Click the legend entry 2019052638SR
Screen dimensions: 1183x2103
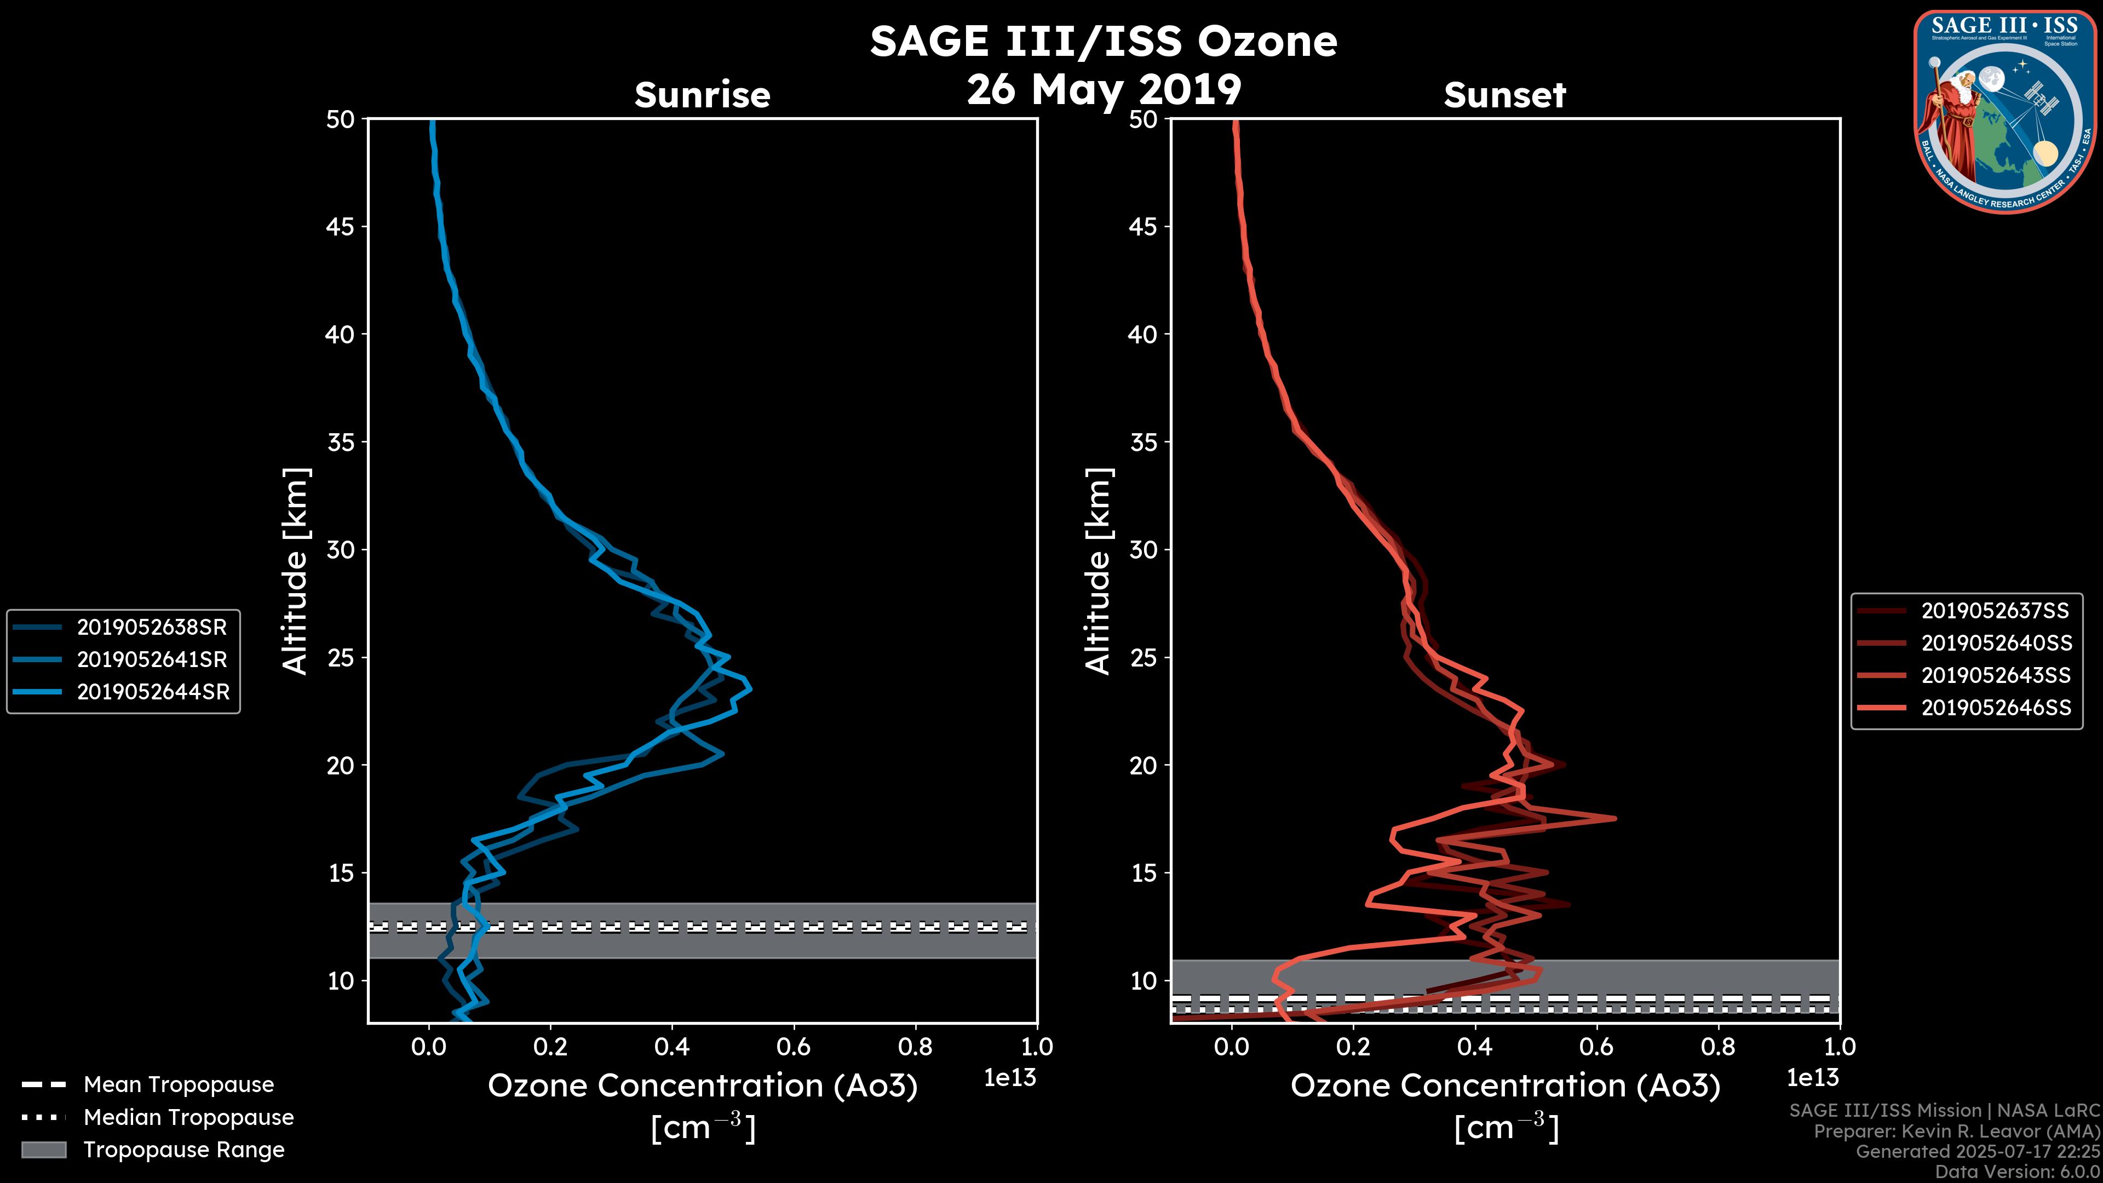coord(152,627)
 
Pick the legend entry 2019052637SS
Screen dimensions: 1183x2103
coord(1995,611)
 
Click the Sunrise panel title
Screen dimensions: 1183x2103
coord(702,95)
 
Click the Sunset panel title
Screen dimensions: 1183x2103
coord(1504,95)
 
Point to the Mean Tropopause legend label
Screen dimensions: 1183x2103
coord(179,1084)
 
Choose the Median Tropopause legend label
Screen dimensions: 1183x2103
coord(188,1117)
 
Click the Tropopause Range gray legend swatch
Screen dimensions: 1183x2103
coord(43,1150)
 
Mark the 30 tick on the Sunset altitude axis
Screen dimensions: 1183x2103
coord(1144,549)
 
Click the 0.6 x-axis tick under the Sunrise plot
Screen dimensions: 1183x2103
coord(792,1047)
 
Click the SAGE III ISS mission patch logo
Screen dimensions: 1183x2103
coord(2004,111)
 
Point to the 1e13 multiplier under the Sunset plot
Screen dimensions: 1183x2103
coord(1812,1078)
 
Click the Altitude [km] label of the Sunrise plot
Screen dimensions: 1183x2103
coord(295,571)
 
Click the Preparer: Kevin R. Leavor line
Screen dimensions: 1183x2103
coord(1956,1132)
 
